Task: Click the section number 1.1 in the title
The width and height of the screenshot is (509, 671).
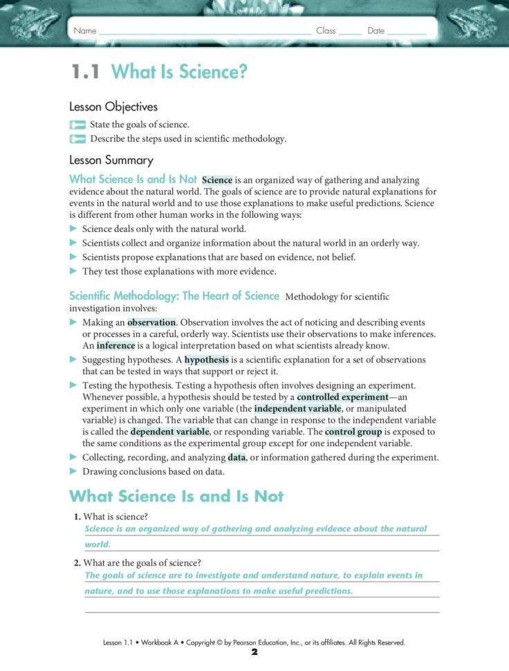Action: [x=86, y=71]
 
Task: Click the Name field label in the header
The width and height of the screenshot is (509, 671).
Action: [x=85, y=31]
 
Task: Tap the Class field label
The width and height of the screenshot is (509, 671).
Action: [x=326, y=31]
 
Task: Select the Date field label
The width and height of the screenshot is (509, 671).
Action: [x=376, y=31]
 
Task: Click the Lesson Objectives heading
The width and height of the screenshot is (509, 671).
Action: [x=113, y=107]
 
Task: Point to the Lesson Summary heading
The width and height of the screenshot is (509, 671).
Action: [x=111, y=160]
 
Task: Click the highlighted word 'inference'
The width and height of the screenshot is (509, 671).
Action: [x=115, y=346]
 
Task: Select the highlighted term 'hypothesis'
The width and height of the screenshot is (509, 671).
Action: [x=206, y=360]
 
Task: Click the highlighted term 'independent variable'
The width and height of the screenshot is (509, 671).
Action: [x=297, y=409]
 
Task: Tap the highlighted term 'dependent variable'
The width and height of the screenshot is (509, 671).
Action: [x=169, y=432]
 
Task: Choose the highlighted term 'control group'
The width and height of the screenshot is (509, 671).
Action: [x=353, y=432]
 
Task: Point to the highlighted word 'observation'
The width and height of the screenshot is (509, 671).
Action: [x=152, y=323]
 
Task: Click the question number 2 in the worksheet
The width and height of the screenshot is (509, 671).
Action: [x=77, y=563]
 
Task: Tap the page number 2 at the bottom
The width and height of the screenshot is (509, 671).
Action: [x=254, y=652]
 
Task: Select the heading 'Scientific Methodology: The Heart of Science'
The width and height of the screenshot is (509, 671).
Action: [x=174, y=296]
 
